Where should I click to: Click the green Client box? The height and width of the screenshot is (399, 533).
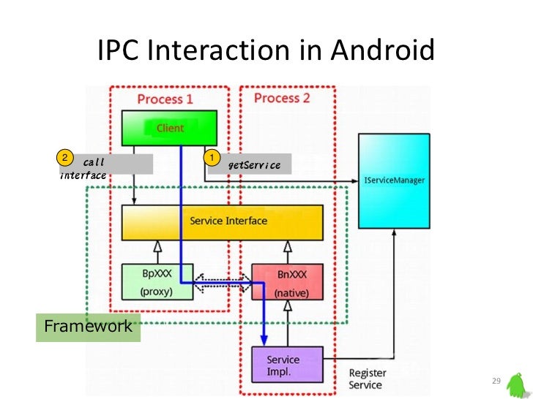[x=169, y=128]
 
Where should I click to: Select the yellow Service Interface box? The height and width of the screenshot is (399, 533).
[x=222, y=221]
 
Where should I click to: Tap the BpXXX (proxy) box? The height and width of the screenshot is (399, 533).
[x=157, y=281]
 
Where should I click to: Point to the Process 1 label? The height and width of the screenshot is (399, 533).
[x=165, y=98]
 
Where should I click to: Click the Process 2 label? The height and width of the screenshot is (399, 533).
[x=282, y=98]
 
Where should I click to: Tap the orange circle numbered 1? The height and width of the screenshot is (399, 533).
[x=211, y=157]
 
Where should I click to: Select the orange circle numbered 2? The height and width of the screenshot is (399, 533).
[x=64, y=157]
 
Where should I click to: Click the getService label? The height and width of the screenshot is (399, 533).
[x=254, y=165]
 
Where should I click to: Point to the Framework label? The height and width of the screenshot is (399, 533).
[x=89, y=326]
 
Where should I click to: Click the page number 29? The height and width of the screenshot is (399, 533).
[x=496, y=381]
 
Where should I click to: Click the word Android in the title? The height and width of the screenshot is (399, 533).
[x=382, y=51]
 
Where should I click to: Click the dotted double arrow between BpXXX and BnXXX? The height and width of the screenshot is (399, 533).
[x=222, y=282]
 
